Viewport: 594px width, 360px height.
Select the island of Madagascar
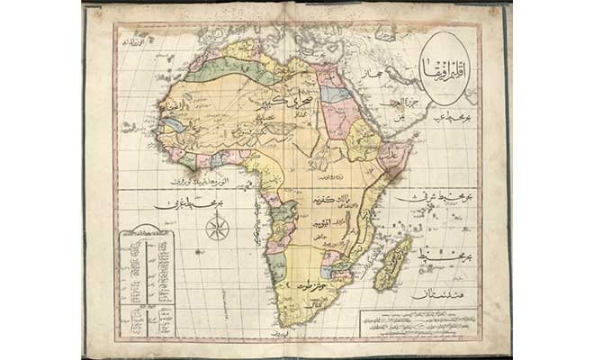tap(392, 262)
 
